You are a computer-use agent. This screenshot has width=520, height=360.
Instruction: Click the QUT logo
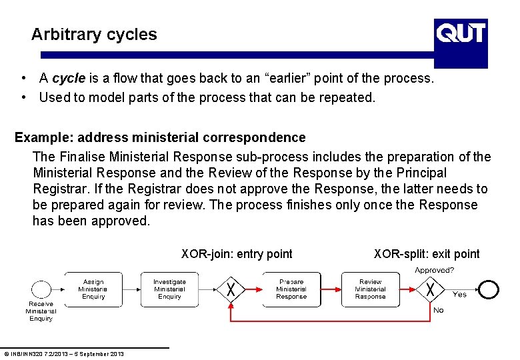(x=461, y=33)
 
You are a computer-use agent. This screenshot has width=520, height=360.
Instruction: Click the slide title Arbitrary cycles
(x=94, y=35)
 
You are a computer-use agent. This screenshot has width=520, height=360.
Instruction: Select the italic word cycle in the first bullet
(x=68, y=79)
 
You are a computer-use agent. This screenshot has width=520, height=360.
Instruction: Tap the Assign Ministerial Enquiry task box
(x=93, y=289)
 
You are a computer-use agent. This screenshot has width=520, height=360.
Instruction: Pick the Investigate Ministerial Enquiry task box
(x=169, y=289)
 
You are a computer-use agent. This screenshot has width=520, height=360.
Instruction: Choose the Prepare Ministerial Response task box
(x=291, y=289)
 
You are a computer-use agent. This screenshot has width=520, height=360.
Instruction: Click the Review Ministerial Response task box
(x=370, y=289)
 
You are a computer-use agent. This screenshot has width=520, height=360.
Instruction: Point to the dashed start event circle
(x=41, y=290)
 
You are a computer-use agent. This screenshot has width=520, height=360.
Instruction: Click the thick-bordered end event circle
(x=489, y=289)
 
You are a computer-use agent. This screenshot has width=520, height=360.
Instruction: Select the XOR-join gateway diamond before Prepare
(x=231, y=289)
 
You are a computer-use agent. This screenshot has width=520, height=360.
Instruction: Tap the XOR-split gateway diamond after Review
(x=431, y=289)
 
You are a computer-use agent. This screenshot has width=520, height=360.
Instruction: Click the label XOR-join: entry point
(x=237, y=254)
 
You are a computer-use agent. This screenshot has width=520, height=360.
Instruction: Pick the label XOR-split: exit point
(x=427, y=254)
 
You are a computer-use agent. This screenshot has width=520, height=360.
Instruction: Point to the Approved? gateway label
(x=434, y=270)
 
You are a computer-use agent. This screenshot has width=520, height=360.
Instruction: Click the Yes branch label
(x=460, y=294)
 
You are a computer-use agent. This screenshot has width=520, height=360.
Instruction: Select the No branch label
(x=438, y=310)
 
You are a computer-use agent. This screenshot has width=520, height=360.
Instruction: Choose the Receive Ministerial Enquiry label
(x=41, y=311)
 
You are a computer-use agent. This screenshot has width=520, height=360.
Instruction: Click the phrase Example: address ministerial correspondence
(x=160, y=138)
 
